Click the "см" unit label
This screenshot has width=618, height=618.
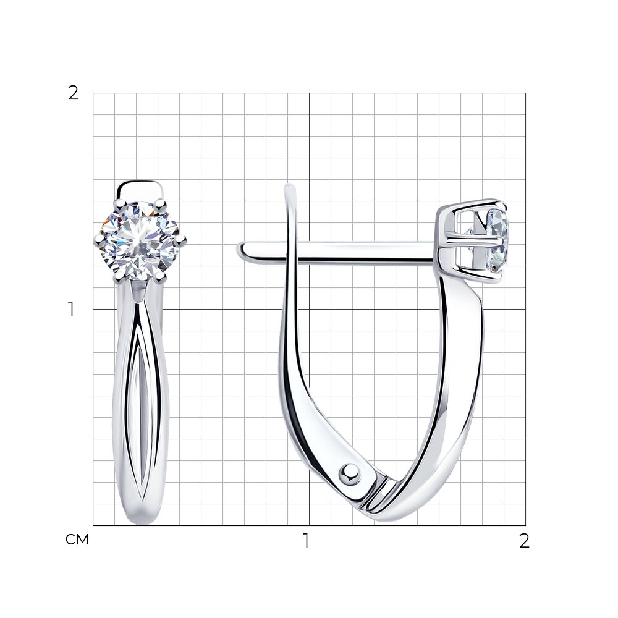tap(77, 540)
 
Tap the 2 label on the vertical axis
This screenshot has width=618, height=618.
tap(74, 93)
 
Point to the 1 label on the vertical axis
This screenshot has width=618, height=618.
tap(71, 309)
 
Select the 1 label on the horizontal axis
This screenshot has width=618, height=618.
tap(306, 541)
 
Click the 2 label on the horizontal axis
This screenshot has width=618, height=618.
tap(524, 541)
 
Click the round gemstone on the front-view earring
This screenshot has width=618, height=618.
tap(140, 241)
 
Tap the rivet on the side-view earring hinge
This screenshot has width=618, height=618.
tap(350, 473)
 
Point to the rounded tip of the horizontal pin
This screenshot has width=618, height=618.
tap(241, 249)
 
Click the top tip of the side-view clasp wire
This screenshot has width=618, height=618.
tap(290, 187)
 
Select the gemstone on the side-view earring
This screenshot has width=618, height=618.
tap(497, 240)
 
